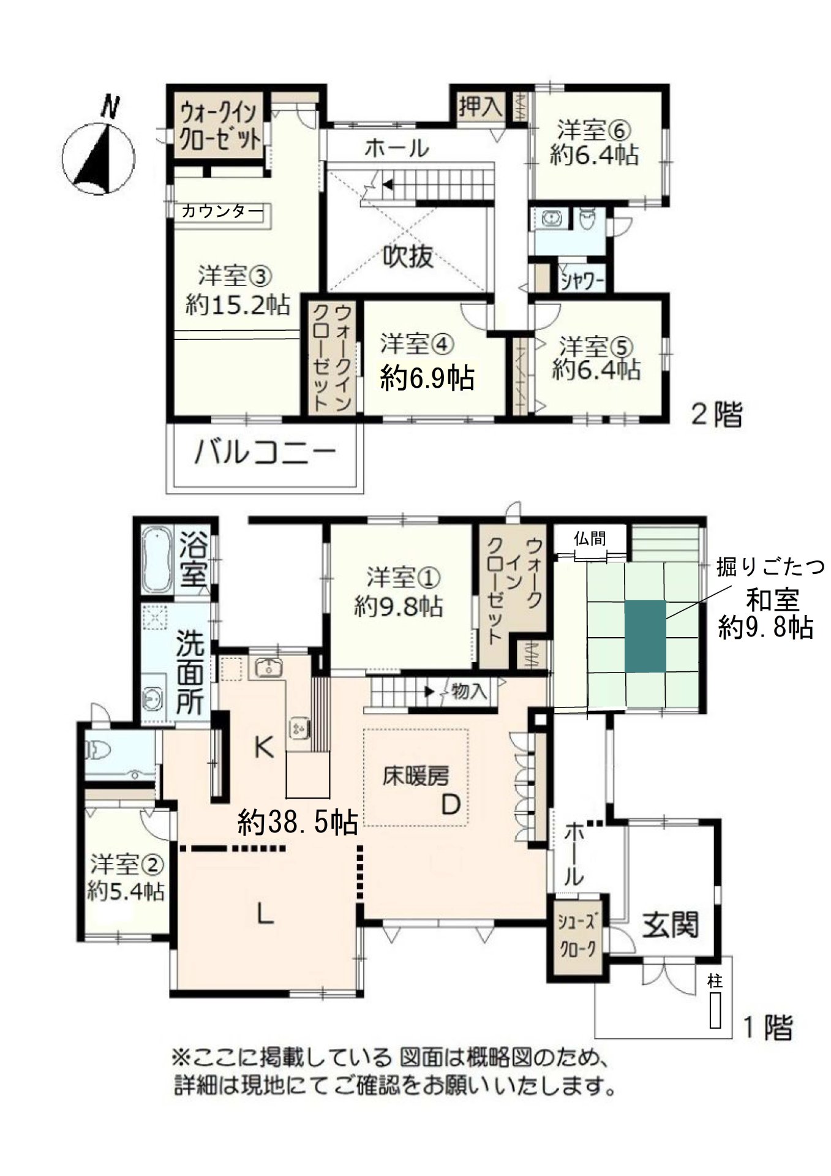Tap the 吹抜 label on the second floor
(408, 256)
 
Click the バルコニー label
(266, 453)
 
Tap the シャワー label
(582, 282)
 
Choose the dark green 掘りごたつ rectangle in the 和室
(645, 636)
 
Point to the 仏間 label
(590, 538)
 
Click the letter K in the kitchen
(263, 747)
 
